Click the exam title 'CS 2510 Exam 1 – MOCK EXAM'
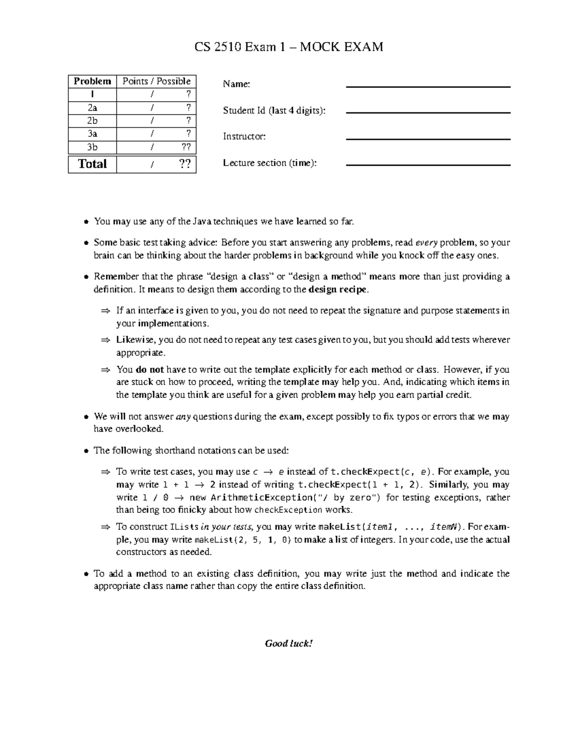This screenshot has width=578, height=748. [289, 47]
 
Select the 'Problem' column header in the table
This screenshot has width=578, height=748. [92, 81]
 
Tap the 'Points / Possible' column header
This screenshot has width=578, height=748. [157, 81]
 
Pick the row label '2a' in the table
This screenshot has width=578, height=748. [92, 108]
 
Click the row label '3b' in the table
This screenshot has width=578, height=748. [92, 147]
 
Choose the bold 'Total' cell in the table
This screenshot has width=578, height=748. [92, 164]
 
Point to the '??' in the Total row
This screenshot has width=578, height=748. [184, 164]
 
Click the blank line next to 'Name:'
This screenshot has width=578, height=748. [428, 87]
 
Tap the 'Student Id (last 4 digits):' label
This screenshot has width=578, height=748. [274, 111]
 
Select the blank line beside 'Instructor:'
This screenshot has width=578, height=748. [428, 139]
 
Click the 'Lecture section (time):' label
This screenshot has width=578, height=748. [270, 163]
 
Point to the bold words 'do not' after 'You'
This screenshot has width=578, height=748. [150, 370]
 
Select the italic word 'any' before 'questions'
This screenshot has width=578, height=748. [184, 417]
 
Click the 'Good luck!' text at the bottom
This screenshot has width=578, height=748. [289, 643]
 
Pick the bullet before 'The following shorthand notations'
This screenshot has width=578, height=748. [86, 451]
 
